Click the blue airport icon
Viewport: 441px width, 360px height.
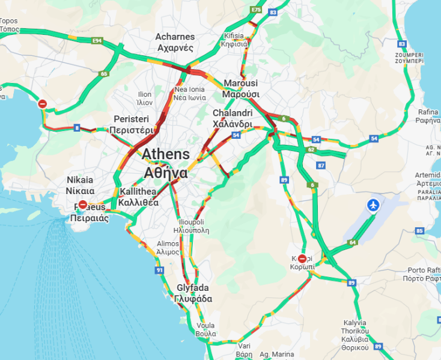point(373,206)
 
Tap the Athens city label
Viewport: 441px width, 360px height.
point(165,163)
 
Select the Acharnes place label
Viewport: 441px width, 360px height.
point(175,42)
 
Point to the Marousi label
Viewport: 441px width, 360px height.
point(241,88)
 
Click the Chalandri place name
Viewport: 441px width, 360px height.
point(232,118)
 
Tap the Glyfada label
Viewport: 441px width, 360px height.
point(193,293)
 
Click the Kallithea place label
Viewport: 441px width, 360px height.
point(138,197)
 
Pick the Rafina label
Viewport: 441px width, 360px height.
point(427,115)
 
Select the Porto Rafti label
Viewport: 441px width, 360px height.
point(424,274)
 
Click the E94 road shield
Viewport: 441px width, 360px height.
point(96,41)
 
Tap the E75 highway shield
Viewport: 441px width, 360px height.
point(257,10)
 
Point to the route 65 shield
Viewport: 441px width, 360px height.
point(103,74)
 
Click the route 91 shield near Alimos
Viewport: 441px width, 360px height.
point(159,271)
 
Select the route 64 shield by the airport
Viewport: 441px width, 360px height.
point(352,242)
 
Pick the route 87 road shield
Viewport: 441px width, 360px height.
point(321,165)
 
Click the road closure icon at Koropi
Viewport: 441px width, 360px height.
point(302,258)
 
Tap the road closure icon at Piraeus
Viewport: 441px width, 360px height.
point(83,205)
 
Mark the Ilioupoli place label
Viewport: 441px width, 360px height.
point(191,225)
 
